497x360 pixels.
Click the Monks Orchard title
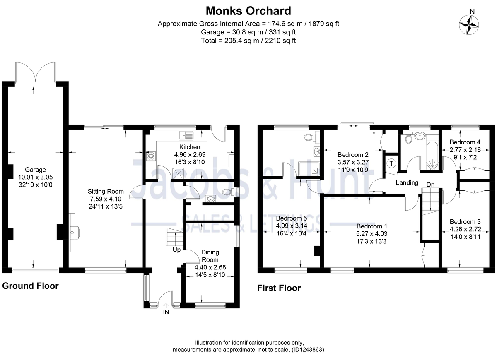click(248, 10)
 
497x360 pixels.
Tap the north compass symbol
click(470, 25)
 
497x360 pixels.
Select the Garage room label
click(35, 170)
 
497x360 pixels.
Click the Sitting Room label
click(106, 191)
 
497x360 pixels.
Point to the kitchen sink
click(186, 135)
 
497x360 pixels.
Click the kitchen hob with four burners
click(150, 156)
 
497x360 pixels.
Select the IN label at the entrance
click(166, 313)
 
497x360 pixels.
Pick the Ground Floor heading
click(30, 286)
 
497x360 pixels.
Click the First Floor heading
click(279, 288)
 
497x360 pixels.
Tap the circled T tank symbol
click(391, 163)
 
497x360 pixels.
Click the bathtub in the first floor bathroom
click(432, 156)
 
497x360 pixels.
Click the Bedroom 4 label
click(465, 142)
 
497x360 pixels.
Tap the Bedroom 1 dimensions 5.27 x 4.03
click(372, 234)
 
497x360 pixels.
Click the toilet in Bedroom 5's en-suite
click(309, 137)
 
